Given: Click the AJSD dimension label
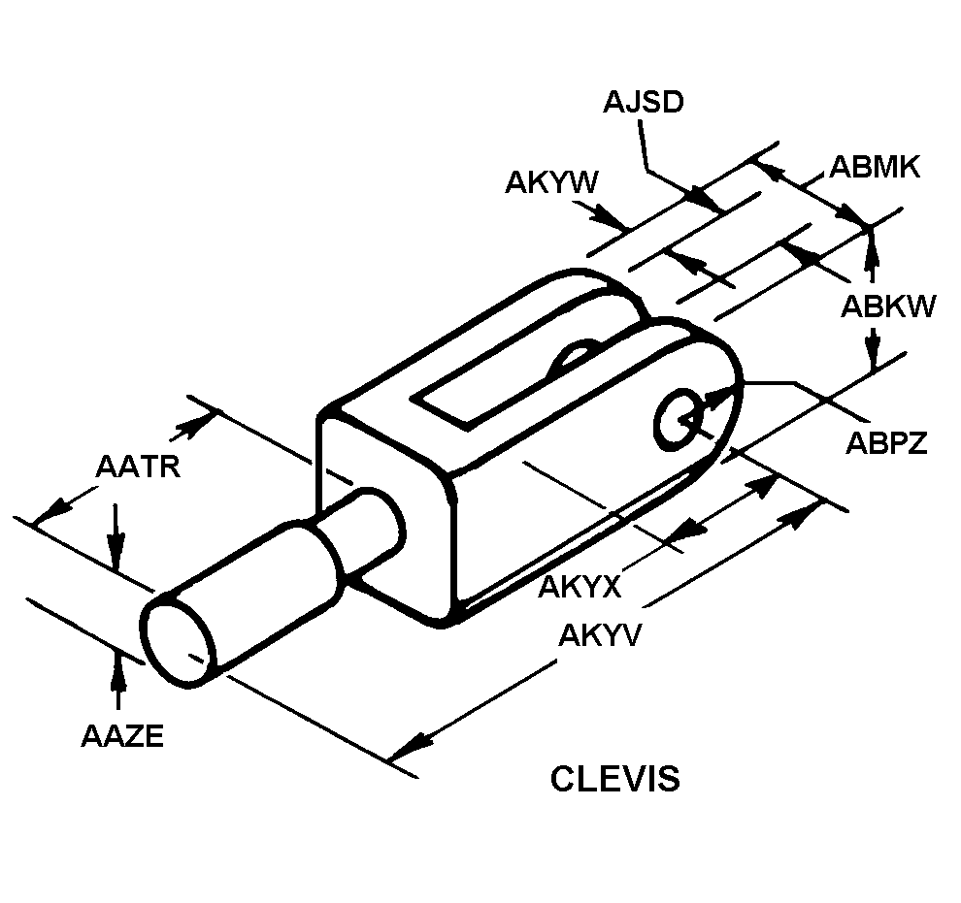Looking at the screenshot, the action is [643, 102].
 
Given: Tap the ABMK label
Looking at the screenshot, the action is [875, 167].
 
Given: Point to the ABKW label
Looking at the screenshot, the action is [888, 306].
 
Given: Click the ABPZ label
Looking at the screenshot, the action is [886, 442].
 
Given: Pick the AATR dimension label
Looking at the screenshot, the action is [138, 467].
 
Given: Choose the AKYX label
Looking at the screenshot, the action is [580, 587].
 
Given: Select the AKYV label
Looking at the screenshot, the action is [599, 635].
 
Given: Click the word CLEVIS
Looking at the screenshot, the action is [614, 779].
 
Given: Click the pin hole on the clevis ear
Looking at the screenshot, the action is [678, 421].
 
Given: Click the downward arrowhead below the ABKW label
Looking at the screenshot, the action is [873, 349].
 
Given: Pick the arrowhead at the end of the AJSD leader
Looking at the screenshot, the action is [704, 199].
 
